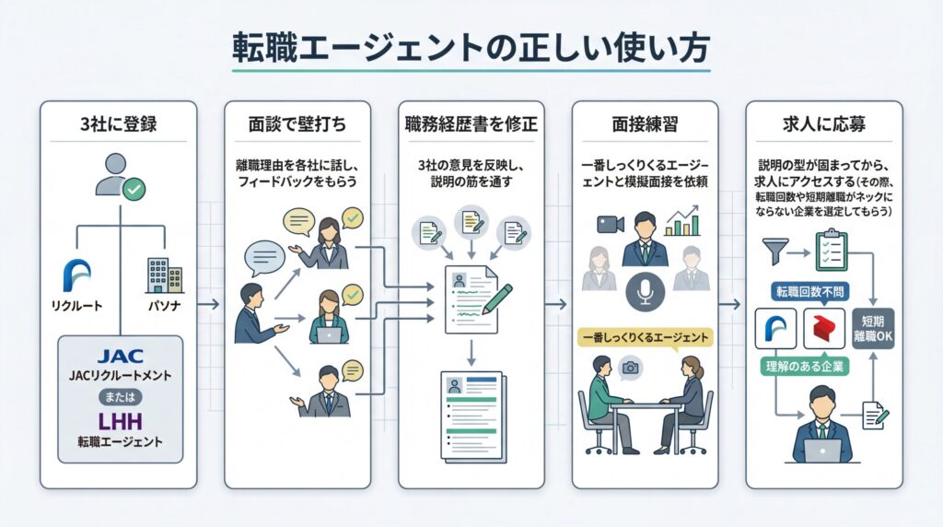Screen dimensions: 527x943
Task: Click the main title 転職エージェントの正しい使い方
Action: [471, 48]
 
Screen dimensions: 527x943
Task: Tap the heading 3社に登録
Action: [118, 123]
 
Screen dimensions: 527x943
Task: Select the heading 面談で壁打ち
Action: [297, 123]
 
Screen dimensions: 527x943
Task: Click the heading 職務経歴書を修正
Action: [471, 123]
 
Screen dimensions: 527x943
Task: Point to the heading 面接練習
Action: [644, 123]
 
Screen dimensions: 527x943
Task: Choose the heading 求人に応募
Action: [823, 123]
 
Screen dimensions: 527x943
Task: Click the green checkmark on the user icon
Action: [135, 190]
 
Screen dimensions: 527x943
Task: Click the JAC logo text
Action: [120, 354]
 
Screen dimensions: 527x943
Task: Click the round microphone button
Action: [644, 293]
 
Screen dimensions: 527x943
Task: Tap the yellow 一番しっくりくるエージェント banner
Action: [644, 338]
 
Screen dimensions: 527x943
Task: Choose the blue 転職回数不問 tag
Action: [811, 293]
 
